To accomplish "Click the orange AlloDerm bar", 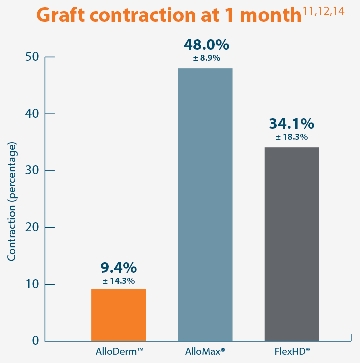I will click(118, 315).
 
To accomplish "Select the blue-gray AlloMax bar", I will click(205, 205).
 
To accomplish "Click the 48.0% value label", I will click(206, 45).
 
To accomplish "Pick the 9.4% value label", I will click(118, 268).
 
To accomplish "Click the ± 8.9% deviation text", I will click(206, 58).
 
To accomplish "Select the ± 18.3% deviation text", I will click(291, 137).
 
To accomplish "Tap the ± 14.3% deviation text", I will click(118, 281).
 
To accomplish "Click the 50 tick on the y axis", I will click(31, 57).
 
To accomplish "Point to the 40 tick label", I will click(31, 114).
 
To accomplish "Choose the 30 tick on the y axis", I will click(31, 171).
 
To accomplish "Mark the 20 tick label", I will click(31, 227).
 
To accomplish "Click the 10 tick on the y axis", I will click(31, 284).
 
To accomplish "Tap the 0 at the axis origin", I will click(35, 341).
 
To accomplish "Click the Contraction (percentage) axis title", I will click(12, 201).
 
